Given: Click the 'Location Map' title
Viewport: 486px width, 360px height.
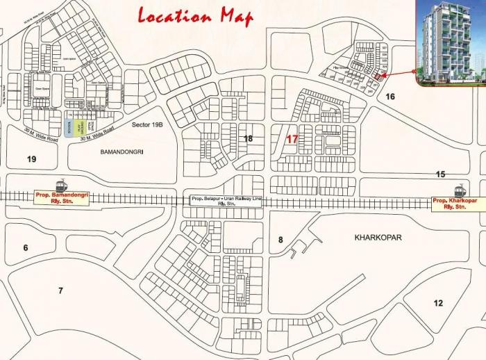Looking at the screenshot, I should pyautogui.click(x=196, y=15).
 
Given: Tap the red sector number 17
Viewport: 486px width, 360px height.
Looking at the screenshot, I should pyautogui.click(x=292, y=139).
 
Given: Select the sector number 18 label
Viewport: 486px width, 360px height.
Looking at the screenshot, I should pyautogui.click(x=248, y=139).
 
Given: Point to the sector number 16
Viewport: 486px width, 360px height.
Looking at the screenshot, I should pyautogui.click(x=390, y=97).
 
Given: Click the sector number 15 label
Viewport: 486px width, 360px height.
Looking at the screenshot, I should pyautogui.click(x=440, y=174).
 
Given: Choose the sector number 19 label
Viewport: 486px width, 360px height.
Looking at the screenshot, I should pyautogui.click(x=31, y=159).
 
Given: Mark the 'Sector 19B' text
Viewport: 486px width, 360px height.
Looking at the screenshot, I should pyautogui.click(x=146, y=124).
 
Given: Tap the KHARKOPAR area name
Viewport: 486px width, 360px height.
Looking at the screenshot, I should pyautogui.click(x=378, y=238).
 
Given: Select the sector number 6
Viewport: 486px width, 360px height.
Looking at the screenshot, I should pyautogui.click(x=25, y=248).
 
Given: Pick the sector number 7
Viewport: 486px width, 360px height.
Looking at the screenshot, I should pyautogui.click(x=60, y=291).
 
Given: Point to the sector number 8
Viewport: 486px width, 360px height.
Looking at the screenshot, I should pyautogui.click(x=280, y=240).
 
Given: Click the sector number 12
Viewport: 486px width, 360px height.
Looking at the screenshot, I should pyautogui.click(x=437, y=303).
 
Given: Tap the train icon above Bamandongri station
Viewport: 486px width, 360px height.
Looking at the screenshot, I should pyautogui.click(x=62, y=186).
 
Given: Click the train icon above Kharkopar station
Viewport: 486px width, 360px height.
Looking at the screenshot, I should pyautogui.click(x=459, y=190).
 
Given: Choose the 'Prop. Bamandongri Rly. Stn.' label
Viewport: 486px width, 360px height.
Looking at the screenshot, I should pyautogui.click(x=62, y=199).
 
